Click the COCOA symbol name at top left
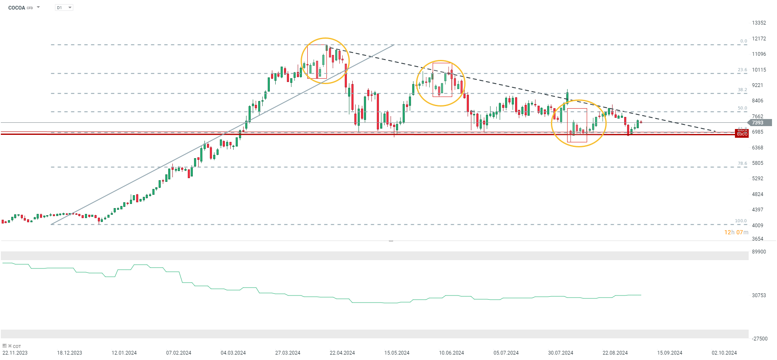click(17, 8)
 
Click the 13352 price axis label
click(759, 23)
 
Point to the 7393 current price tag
click(757, 123)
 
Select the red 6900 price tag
click(742, 134)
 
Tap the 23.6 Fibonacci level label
click(742, 70)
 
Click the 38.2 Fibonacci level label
click(742, 90)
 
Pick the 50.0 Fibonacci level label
click(742, 108)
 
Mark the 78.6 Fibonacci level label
click(742, 164)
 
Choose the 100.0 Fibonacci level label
click(740, 221)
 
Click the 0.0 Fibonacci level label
click(743, 41)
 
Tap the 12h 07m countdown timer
click(736, 232)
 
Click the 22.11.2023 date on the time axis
click(15, 353)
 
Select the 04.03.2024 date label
click(233, 353)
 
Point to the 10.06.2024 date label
click(451, 353)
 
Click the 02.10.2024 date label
click(724, 353)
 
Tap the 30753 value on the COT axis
click(759, 295)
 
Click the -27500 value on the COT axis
click(760, 339)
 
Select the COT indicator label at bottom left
click(17, 346)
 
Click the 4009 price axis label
click(757, 226)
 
